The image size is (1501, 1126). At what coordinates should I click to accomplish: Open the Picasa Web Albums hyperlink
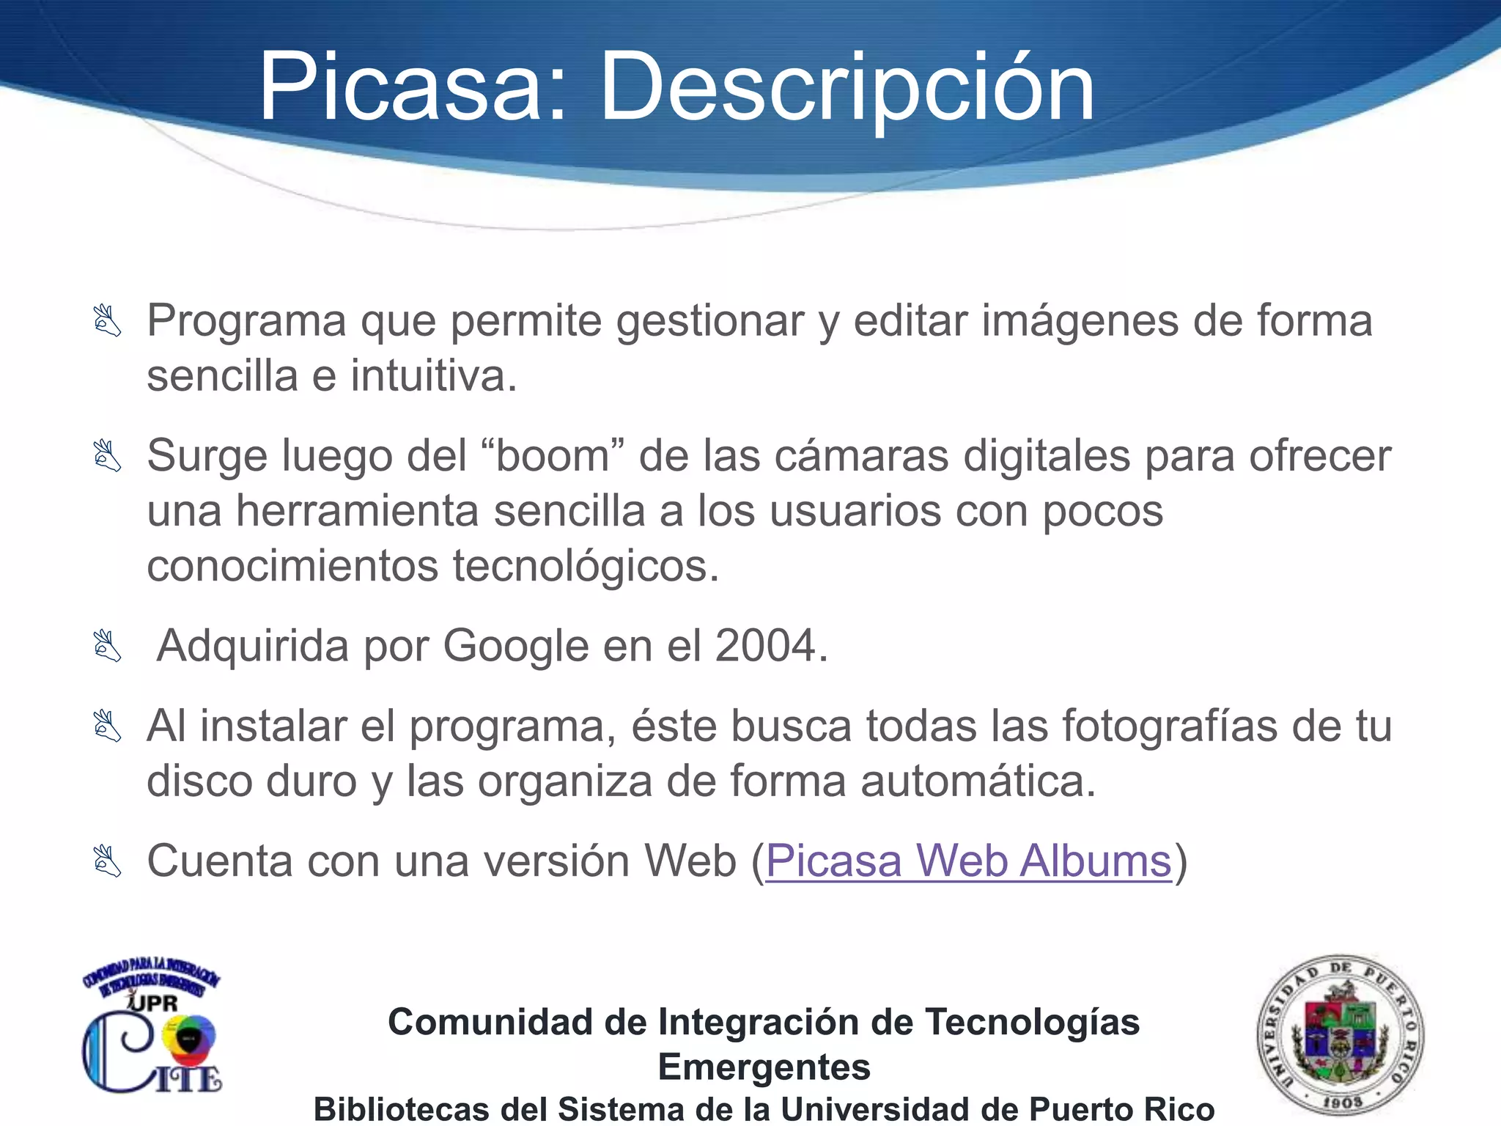tap(968, 861)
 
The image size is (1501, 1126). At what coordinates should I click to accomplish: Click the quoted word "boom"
tap(553, 456)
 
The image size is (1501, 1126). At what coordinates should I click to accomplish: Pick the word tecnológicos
tap(586, 567)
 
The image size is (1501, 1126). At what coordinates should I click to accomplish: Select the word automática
tap(978, 781)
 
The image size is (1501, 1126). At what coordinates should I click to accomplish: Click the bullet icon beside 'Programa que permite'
tap(107, 321)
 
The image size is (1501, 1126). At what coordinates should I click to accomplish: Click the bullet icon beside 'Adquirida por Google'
tap(107, 646)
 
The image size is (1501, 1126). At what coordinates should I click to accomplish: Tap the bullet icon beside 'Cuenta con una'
tap(107, 861)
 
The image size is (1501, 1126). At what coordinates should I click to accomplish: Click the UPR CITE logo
tap(151, 1030)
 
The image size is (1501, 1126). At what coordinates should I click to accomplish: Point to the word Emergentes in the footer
tap(764, 1067)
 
